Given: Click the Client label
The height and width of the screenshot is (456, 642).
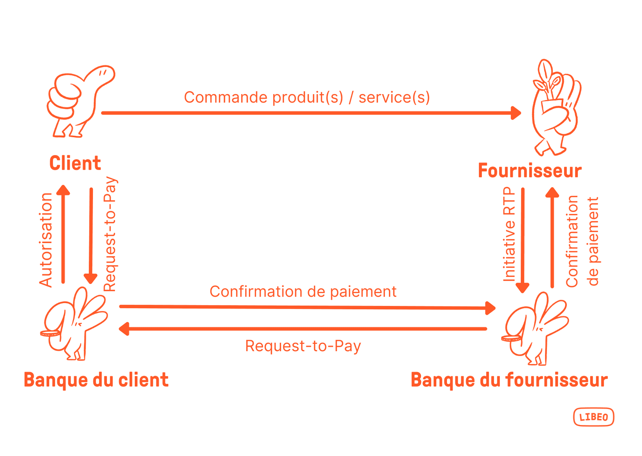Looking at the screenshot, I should [75, 163].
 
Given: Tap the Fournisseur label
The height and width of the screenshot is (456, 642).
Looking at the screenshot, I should [530, 170].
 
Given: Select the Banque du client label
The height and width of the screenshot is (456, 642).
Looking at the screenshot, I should [96, 380].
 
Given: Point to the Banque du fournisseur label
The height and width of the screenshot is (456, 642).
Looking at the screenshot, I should [509, 380].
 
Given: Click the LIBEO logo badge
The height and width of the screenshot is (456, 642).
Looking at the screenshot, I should [594, 417].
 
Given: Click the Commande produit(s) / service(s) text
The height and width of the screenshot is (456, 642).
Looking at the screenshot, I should [307, 97].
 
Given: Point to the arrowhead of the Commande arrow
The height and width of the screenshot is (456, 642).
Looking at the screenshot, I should [516, 113].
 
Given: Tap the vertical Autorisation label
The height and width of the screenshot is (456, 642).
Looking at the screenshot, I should [46, 240].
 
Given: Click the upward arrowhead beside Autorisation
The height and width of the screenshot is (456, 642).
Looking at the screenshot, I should [63, 190].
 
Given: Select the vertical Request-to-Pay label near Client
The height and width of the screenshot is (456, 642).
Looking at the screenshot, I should [110, 234].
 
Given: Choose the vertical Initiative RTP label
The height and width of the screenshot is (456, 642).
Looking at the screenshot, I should [509, 234].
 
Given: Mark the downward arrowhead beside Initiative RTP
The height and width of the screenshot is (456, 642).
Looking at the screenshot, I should [522, 288].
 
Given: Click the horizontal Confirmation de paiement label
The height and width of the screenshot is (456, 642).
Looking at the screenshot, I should [303, 291].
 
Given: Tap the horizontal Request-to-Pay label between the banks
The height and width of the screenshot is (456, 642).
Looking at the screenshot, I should [303, 346].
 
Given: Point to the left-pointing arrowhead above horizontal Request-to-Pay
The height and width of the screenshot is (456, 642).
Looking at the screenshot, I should [124, 329].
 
